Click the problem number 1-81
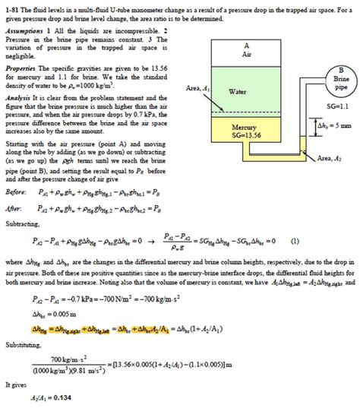click(x=11, y=7)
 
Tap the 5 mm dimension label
click(x=337, y=124)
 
